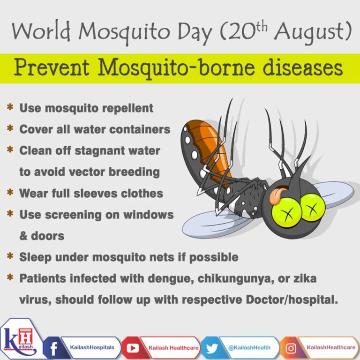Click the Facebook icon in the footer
click(x=52, y=347)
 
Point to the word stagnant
click(x=102, y=151)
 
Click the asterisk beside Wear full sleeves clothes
click(x=9, y=193)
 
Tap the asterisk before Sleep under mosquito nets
click(x=9, y=257)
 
